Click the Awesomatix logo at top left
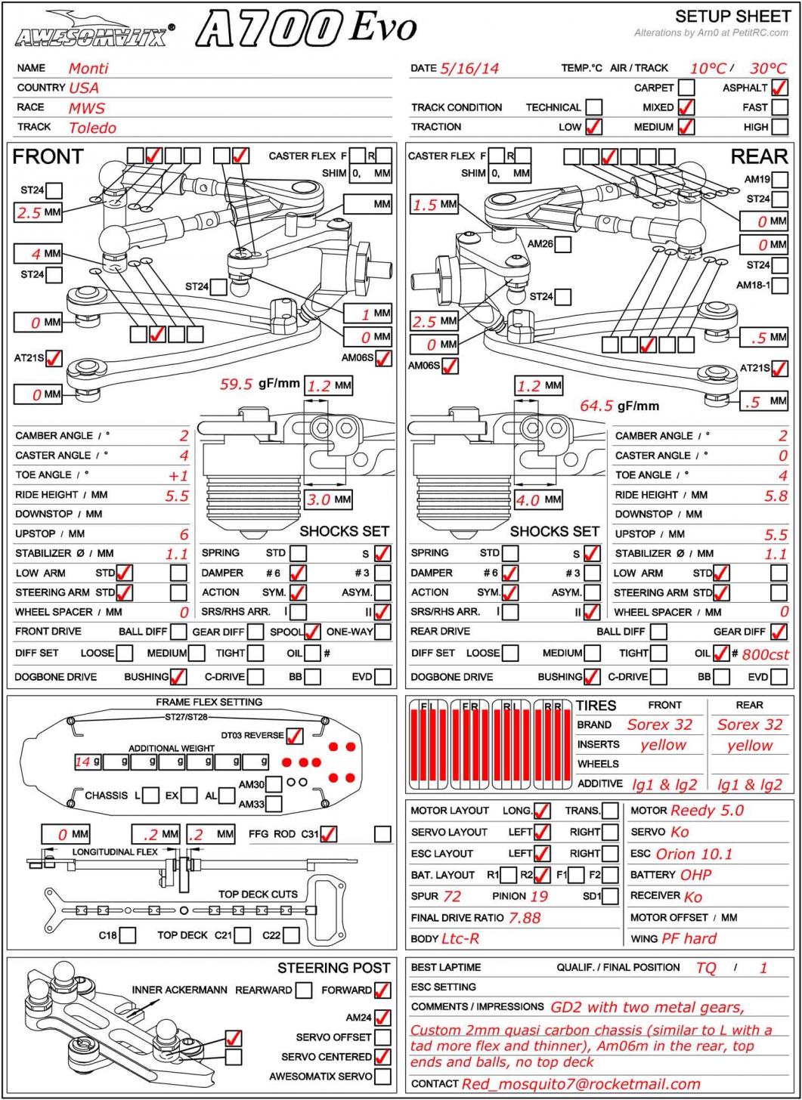pyautogui.click(x=94, y=30)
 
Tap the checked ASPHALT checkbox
pyautogui.click(x=779, y=88)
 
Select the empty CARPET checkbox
pyautogui.click(x=686, y=88)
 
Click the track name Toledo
pyautogui.click(x=92, y=128)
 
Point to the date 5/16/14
pyautogui.click(x=469, y=68)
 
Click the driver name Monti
pyautogui.click(x=88, y=68)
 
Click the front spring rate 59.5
pyautogui.click(x=236, y=384)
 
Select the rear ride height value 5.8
pyautogui.click(x=776, y=496)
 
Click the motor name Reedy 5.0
pyautogui.click(x=707, y=811)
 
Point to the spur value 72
pyautogui.click(x=452, y=897)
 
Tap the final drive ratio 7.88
pyautogui.click(x=525, y=918)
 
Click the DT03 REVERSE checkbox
pyautogui.click(x=295, y=735)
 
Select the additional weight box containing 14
pyautogui.click(x=88, y=762)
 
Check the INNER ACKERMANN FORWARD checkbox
pyautogui.click(x=382, y=990)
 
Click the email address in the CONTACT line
pyautogui.click(x=581, y=1084)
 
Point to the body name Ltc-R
pyautogui.click(x=460, y=939)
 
